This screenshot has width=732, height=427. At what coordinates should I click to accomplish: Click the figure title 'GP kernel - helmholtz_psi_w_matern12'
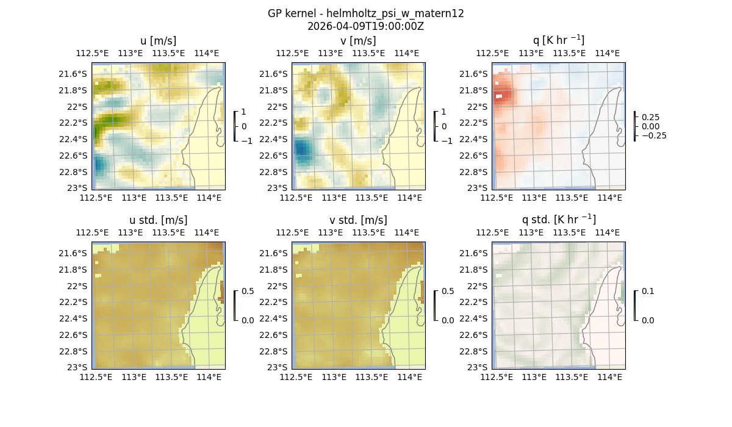tap(366, 13)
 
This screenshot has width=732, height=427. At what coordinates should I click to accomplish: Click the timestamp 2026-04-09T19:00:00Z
tap(366, 26)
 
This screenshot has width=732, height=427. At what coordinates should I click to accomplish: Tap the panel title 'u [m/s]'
tap(158, 41)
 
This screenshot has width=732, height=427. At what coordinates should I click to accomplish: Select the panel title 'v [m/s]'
tap(358, 41)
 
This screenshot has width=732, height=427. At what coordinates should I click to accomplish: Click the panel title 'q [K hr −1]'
tap(558, 40)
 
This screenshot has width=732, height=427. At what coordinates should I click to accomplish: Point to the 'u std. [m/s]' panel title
tap(158, 220)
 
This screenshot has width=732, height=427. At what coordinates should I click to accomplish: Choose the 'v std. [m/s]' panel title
tap(358, 220)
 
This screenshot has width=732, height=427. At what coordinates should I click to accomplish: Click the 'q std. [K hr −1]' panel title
tap(558, 220)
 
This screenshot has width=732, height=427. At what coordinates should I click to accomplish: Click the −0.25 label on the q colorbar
tap(653, 135)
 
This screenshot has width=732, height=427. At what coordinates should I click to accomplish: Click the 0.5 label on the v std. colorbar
tap(447, 292)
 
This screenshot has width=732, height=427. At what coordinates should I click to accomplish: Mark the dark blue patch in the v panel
tap(301, 149)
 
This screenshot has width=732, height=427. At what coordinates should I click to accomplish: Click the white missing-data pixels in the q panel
tap(500, 96)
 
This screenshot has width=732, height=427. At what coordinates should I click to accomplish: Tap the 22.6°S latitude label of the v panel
tap(275, 156)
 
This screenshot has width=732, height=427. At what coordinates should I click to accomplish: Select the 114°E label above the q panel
tap(607, 54)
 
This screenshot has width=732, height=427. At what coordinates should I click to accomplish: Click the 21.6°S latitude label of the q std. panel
tap(475, 253)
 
